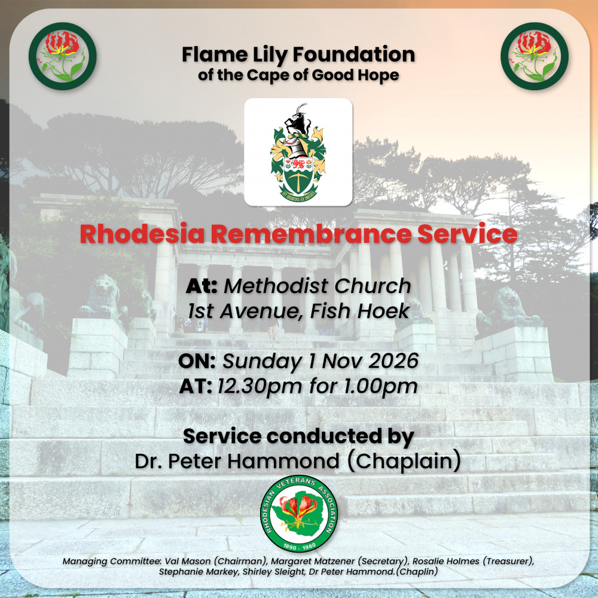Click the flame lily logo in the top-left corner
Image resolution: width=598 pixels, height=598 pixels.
point(63,56)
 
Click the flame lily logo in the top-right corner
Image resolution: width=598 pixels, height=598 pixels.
point(535,56)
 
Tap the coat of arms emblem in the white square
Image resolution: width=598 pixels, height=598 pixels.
point(298,152)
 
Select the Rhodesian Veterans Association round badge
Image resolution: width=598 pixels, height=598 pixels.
point(299,513)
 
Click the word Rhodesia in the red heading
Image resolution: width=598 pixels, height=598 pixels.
point(142,234)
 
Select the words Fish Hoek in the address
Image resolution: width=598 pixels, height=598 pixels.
point(359,311)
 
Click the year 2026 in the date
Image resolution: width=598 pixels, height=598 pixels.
point(393,361)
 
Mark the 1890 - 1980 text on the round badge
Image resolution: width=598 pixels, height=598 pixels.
point(300,546)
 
